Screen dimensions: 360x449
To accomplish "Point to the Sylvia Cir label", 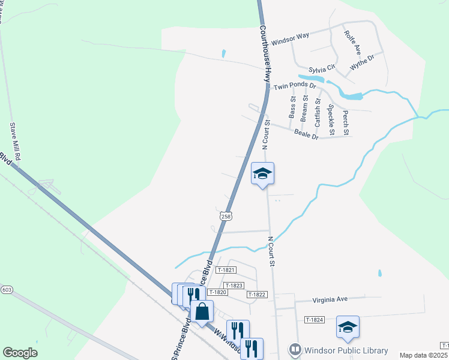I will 321,70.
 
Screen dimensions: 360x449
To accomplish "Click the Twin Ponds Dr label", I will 294,87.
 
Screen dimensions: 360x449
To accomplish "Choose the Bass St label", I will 292,107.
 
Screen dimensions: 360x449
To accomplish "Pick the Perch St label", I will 345,122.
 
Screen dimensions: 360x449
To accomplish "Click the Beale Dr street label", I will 306,136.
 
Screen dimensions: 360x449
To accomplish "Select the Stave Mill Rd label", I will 15,142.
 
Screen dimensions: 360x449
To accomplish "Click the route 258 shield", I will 225,216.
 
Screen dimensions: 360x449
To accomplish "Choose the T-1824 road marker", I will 314,320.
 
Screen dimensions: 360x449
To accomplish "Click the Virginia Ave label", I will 330,299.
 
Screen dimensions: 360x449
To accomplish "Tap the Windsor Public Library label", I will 346,350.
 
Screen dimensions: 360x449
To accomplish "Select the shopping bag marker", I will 202,311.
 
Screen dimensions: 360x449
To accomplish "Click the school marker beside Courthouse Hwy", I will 262,174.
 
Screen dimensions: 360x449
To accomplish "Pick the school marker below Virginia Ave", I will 348,327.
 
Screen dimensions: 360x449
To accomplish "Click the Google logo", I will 20,353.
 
